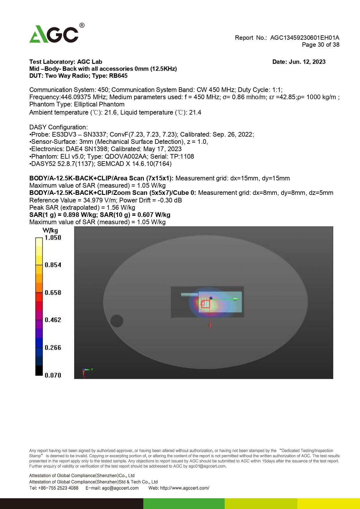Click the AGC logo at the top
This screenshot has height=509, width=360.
click(55, 34)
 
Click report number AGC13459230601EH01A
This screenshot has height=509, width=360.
click(305, 38)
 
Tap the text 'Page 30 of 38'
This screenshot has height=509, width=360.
click(320, 45)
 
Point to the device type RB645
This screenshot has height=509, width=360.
click(118, 76)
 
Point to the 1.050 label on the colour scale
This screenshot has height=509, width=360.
click(53, 238)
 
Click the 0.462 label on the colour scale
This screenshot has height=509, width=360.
click(53, 320)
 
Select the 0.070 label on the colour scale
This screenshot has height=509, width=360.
click(53, 375)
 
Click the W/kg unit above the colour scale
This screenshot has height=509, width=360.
click(50, 231)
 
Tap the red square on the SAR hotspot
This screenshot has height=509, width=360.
click(205, 304)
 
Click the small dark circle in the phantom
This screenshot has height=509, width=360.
click(117, 321)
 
